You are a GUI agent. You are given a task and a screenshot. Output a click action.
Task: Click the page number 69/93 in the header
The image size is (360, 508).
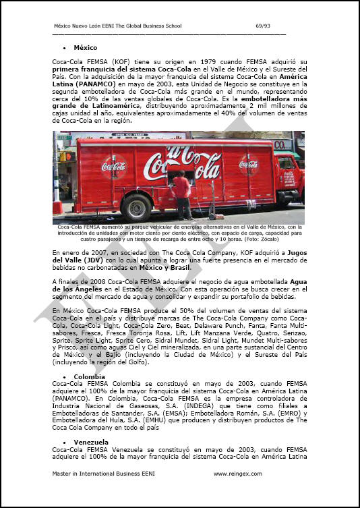264,26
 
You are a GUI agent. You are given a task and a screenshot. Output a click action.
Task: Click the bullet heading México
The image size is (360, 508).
85,48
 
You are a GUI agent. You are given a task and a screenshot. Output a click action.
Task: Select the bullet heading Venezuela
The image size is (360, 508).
92,442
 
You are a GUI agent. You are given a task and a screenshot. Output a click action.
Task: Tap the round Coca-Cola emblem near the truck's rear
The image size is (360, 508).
113,165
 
